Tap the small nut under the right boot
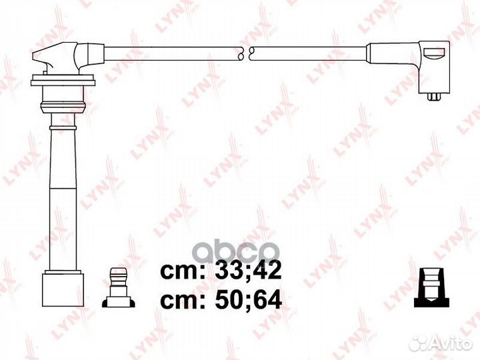point(434,97)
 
